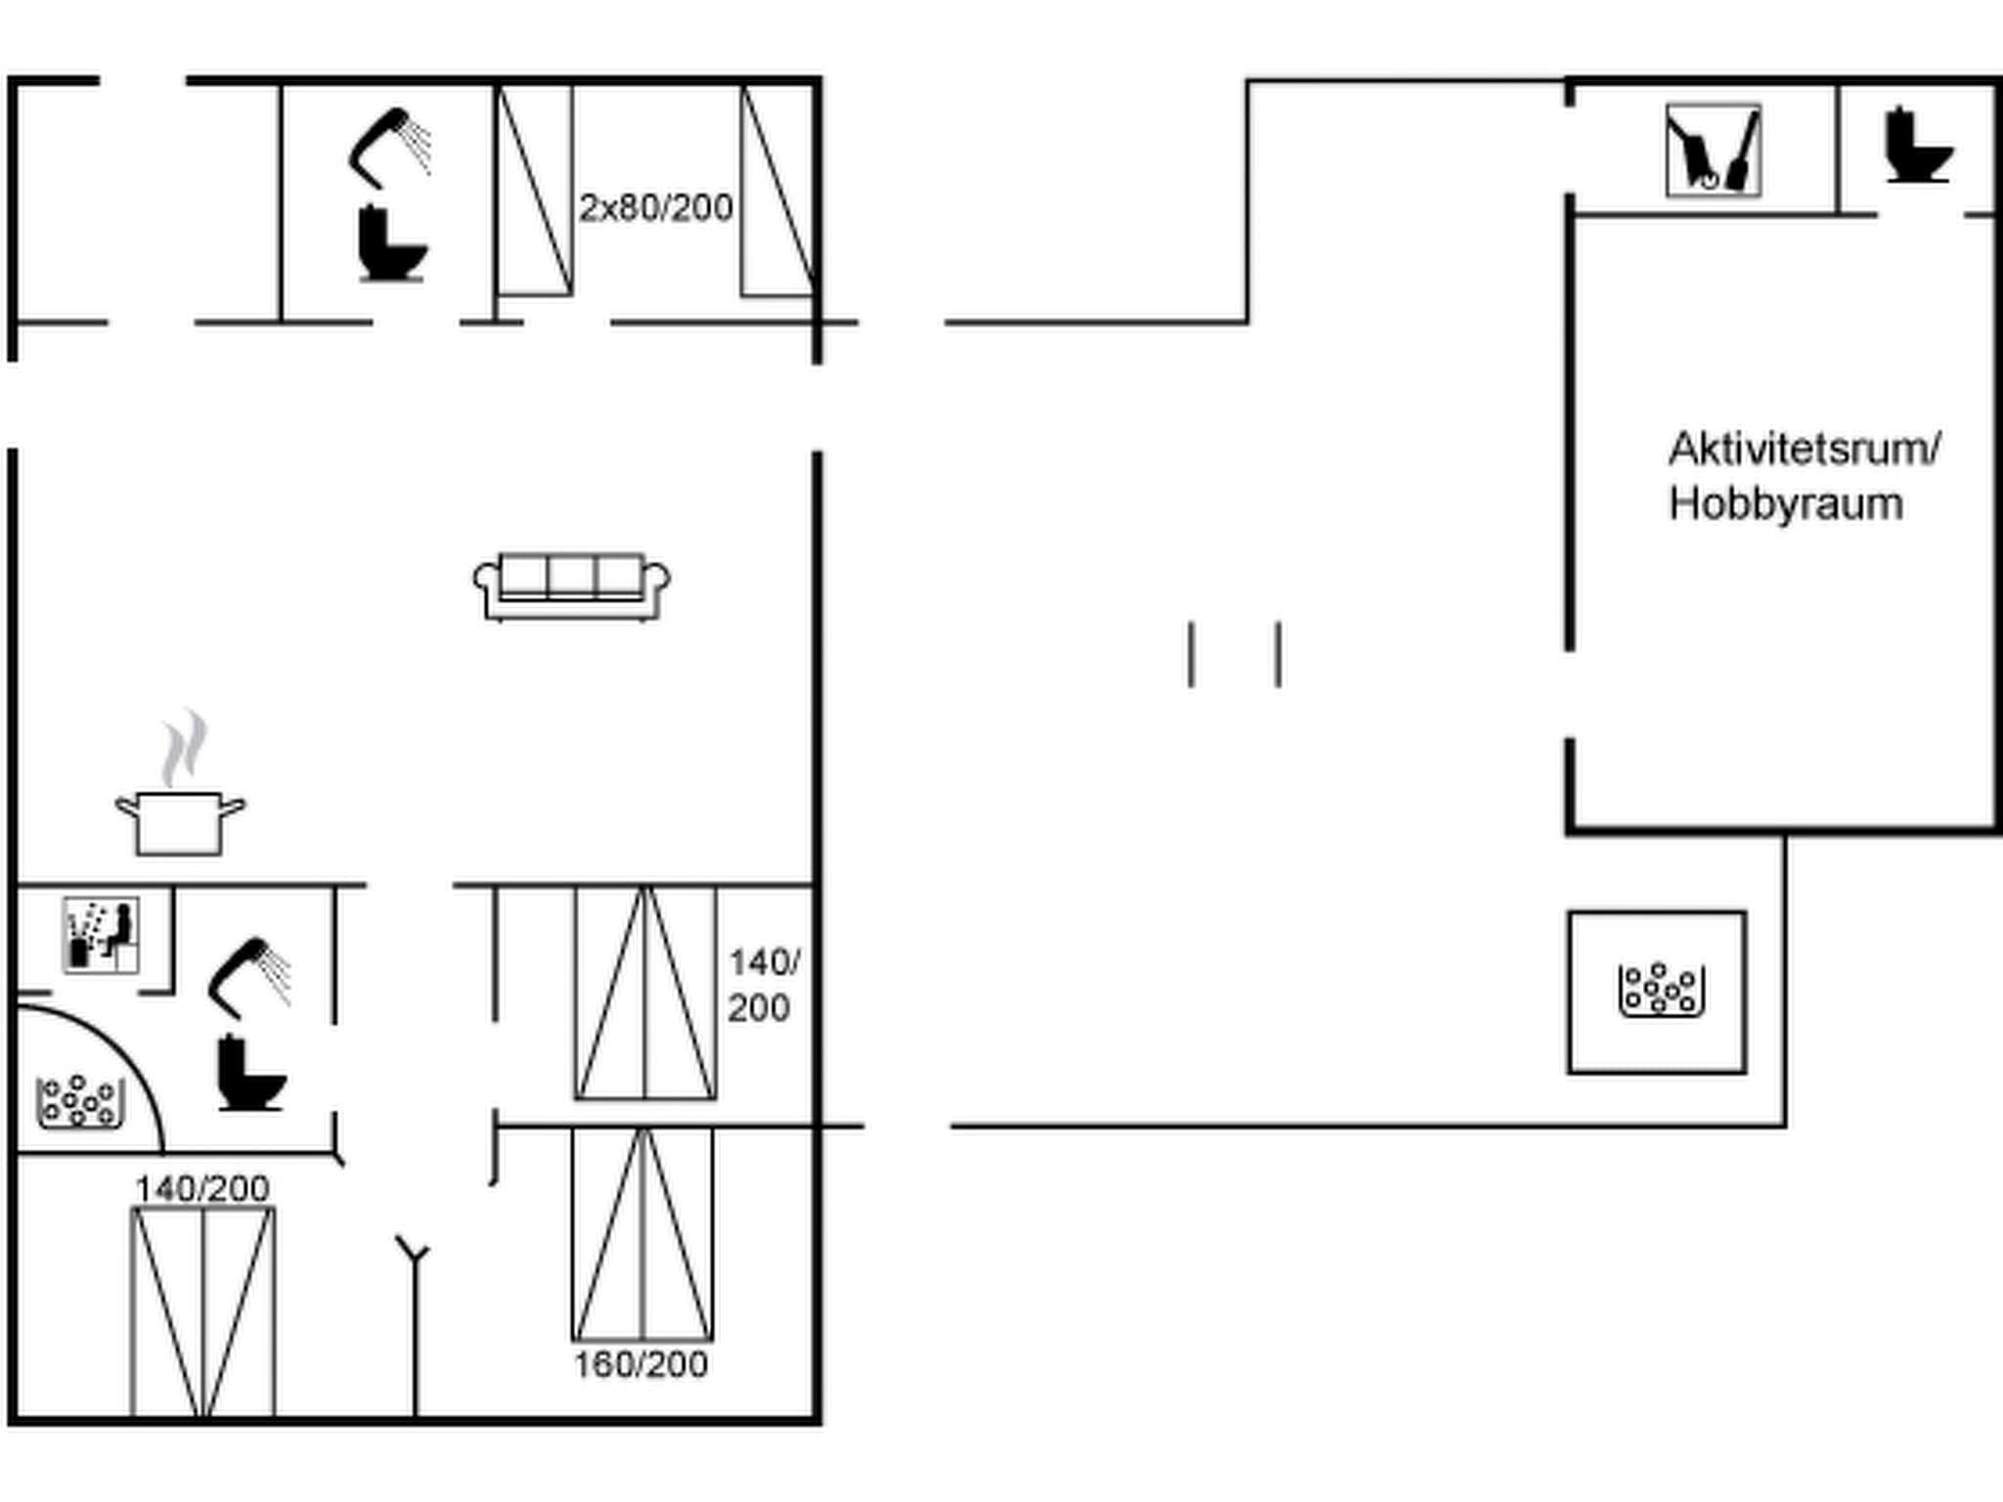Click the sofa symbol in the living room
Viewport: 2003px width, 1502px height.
[x=572, y=587]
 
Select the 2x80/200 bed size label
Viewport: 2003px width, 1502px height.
[x=655, y=208]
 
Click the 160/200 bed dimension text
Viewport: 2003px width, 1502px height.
[x=641, y=1364]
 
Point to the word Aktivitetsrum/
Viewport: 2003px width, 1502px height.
[x=1803, y=450]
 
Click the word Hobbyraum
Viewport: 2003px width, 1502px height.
[x=1786, y=505]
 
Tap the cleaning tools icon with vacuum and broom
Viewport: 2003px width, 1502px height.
[x=1714, y=152]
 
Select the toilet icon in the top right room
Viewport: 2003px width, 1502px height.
[x=1918, y=146]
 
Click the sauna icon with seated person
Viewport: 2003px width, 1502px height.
[x=101, y=935]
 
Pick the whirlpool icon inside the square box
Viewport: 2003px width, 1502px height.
[x=1661, y=990]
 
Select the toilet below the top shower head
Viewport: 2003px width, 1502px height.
[x=391, y=243]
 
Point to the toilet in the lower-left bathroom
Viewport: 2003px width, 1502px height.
[x=250, y=1074]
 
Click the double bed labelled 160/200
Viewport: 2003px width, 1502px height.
[x=643, y=1234]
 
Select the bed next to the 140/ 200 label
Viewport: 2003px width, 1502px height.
[x=645, y=993]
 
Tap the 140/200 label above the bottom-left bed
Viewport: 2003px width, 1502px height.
[x=202, y=1189]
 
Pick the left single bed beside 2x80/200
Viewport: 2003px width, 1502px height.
[x=535, y=191]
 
